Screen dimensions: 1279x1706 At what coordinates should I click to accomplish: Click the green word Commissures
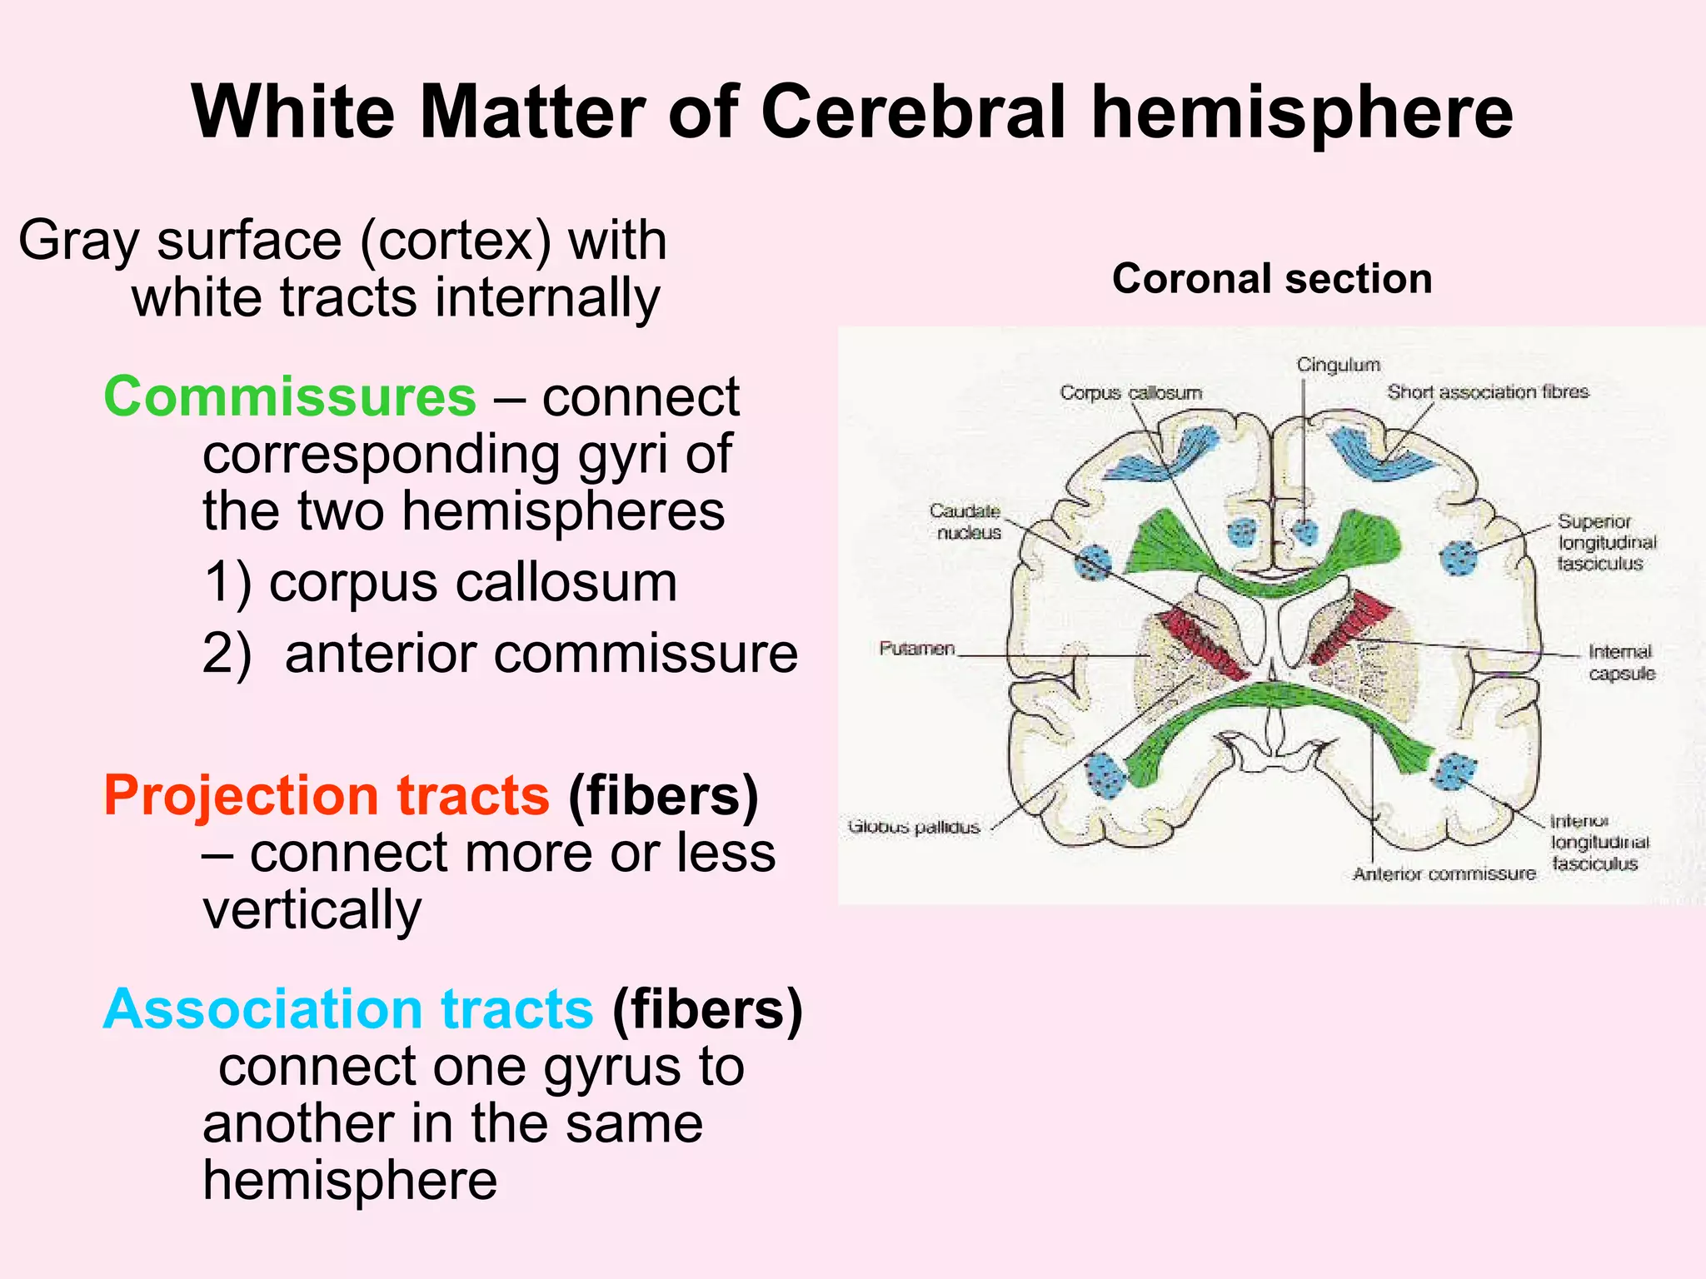tap(289, 396)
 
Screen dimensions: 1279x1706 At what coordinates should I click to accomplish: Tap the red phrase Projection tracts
tap(326, 795)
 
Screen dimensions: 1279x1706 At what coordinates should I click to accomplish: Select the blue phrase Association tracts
tap(347, 1009)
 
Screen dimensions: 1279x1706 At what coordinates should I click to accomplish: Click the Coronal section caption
tap(1271, 279)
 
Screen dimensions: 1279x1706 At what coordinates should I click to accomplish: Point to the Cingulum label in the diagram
tap(1338, 365)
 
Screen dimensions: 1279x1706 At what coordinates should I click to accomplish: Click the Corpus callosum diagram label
tap(1130, 392)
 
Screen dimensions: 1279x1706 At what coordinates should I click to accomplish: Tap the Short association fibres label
tap(1488, 391)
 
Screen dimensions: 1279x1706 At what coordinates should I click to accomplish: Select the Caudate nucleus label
tap(966, 521)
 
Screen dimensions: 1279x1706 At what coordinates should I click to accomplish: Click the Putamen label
tap(916, 648)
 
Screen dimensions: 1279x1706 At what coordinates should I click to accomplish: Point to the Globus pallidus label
tap(914, 827)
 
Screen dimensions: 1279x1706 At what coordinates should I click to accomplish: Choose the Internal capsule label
tap(1620, 662)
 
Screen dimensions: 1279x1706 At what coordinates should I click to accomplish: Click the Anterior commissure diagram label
tap(1444, 873)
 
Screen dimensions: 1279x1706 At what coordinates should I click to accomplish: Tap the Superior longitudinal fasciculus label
tap(1606, 542)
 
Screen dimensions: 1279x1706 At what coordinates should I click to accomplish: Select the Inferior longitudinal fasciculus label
tap(1598, 843)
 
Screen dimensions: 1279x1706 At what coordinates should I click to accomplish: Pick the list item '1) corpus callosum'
tap(440, 582)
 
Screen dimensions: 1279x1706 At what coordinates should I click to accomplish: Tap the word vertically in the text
tap(312, 909)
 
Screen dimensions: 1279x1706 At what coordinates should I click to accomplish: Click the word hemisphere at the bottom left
tap(350, 1180)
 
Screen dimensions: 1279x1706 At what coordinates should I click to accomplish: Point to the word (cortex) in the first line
tap(456, 241)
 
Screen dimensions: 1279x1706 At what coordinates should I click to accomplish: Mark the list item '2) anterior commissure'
tap(500, 654)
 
